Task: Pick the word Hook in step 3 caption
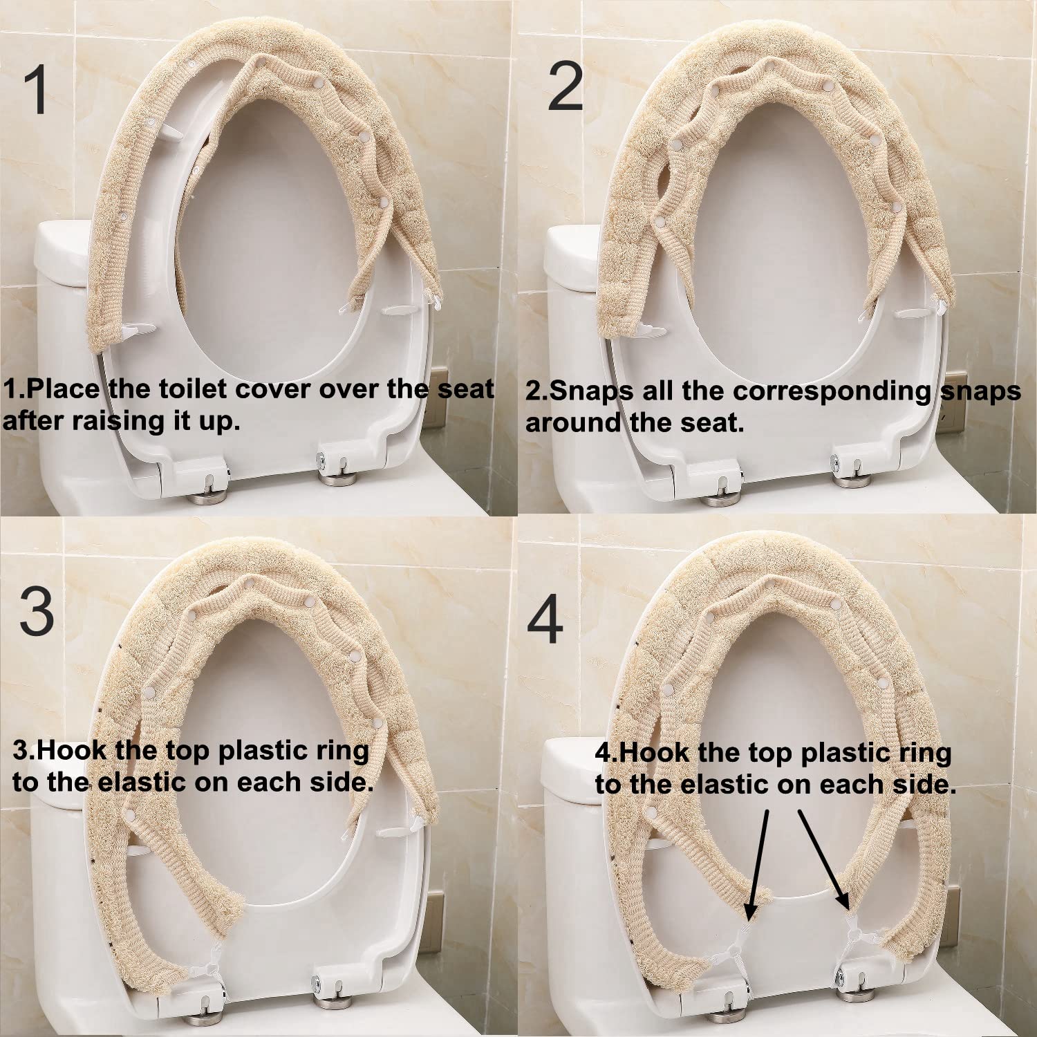point(72,751)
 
